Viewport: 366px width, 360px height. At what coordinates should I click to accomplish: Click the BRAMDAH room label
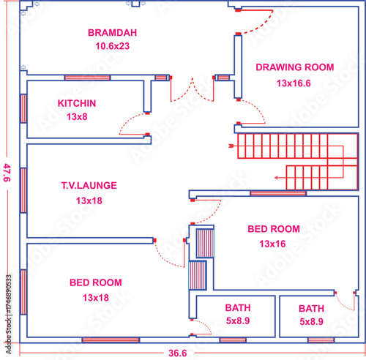coord(112,33)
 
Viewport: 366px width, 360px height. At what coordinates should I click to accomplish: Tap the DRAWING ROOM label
coord(295,67)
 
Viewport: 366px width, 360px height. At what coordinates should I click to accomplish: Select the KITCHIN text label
coord(77,103)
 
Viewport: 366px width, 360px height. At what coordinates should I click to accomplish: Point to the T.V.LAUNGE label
coord(89,186)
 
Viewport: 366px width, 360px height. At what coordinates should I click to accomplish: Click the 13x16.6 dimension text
coord(294,83)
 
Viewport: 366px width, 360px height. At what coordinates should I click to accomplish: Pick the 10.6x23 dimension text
coord(112,46)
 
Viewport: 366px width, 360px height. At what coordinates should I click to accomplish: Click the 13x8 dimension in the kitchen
coord(77,117)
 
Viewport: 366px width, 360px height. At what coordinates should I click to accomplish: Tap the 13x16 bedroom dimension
coord(272,244)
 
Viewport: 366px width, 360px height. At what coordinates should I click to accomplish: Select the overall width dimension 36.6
coord(177,353)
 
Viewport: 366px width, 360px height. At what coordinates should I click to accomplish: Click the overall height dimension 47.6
coord(7,173)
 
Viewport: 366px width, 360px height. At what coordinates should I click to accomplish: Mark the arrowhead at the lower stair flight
coord(276,178)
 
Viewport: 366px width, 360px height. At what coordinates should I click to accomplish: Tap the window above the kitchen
coord(87,78)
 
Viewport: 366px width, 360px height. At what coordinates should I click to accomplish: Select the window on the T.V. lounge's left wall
coord(23,190)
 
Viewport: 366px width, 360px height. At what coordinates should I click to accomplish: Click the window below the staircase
coord(278,193)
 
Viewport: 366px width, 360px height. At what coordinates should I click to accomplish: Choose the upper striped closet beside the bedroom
coord(205,243)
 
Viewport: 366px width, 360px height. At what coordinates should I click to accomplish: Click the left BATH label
coord(238,308)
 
